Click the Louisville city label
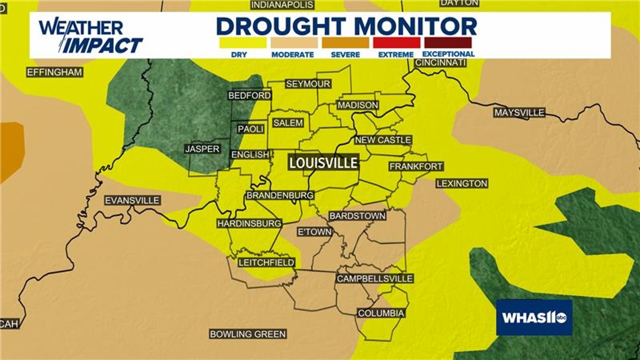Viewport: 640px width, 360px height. click(323, 163)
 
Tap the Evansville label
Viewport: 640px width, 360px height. click(132, 200)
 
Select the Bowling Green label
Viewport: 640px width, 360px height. click(248, 334)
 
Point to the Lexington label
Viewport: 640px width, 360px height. click(462, 183)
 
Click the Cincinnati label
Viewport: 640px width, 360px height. click(440, 63)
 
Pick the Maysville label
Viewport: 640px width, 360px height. click(519, 113)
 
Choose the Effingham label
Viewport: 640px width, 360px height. click(55, 72)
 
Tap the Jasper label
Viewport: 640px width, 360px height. click(202, 149)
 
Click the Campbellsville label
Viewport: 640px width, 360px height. click(375, 279)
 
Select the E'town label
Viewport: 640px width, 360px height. click(315, 232)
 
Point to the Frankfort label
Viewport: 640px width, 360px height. click(416, 166)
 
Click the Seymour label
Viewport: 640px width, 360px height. click(308, 84)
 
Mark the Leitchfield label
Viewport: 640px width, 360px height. click(266, 263)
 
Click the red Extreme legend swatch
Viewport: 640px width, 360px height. click(396, 43)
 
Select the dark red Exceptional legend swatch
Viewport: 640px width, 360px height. click(448, 43)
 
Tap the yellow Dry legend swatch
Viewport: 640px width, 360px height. click(243, 43)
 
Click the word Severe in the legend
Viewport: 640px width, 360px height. click(345, 55)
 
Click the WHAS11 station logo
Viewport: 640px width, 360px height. click(534, 317)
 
